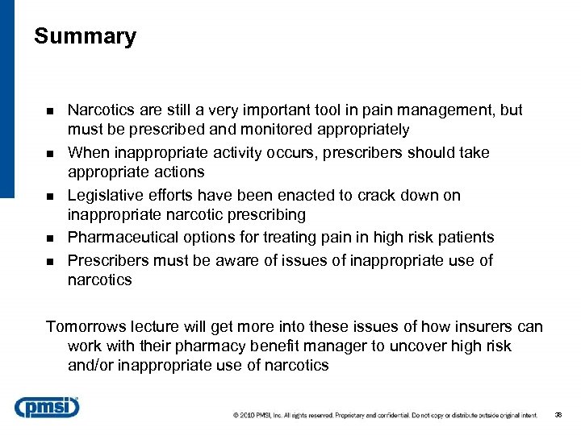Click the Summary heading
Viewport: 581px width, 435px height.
pyautogui.click(x=86, y=37)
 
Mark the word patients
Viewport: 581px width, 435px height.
pyautogui.click(x=464, y=237)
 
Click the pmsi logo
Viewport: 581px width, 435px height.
pyautogui.click(x=47, y=408)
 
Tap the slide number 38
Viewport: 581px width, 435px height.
pyautogui.click(x=558, y=416)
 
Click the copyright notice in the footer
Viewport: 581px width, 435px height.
pyautogui.click(x=386, y=416)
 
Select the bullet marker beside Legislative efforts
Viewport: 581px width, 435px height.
pyautogui.click(x=50, y=196)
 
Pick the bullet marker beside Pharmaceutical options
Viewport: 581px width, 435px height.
pyautogui.click(x=50, y=238)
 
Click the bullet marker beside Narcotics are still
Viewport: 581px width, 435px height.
pyautogui.click(x=50, y=111)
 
